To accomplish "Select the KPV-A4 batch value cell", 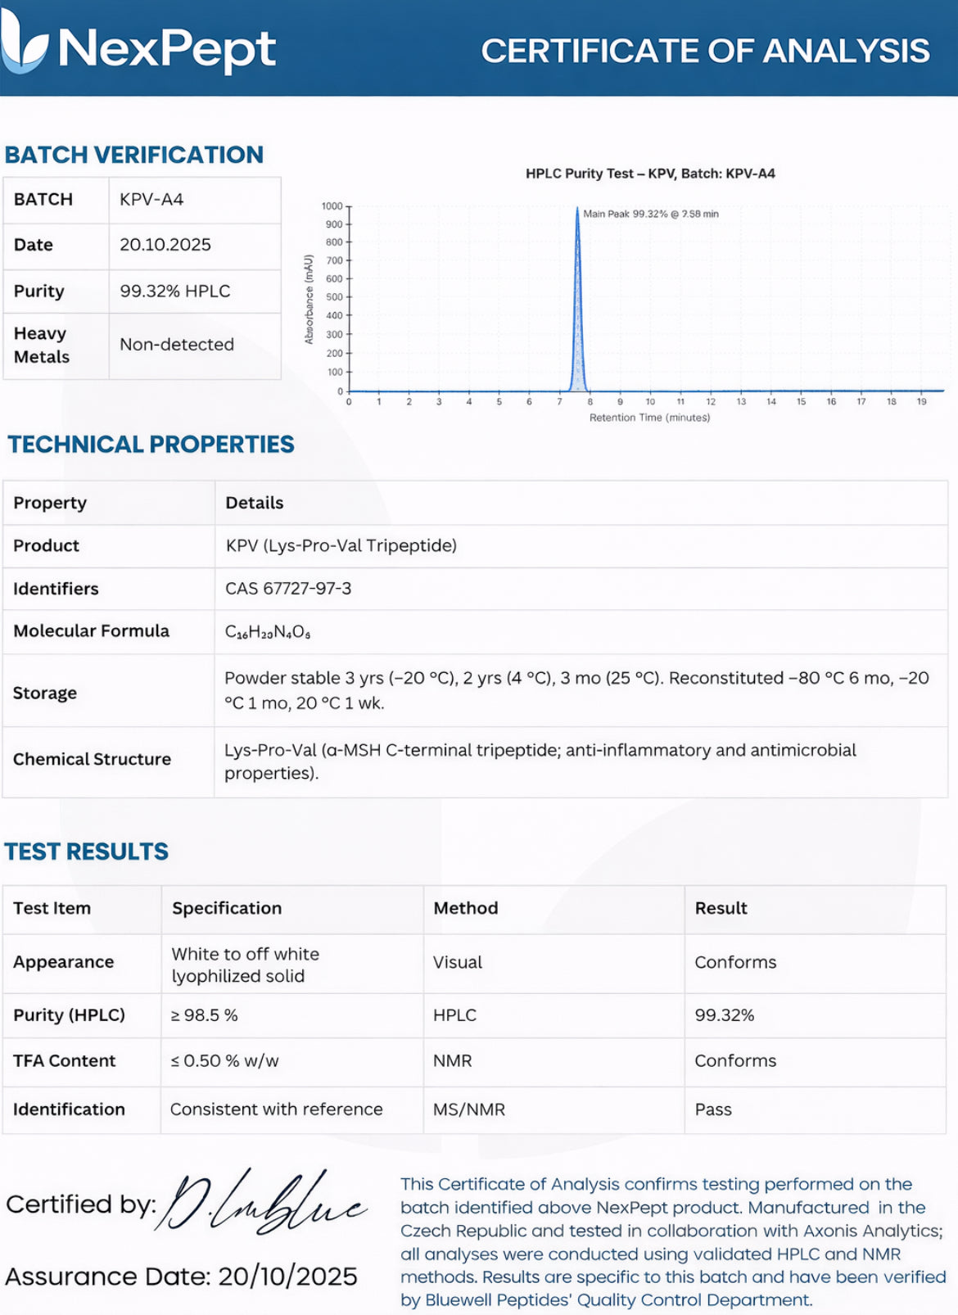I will pyautogui.click(x=151, y=200).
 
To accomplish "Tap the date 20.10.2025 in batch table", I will pyautogui.click(x=165, y=245).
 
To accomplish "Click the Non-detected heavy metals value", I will pyautogui.click(x=177, y=345).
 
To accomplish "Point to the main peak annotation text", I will pyautogui.click(x=650, y=214).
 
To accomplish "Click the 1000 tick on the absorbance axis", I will pyautogui.click(x=332, y=206).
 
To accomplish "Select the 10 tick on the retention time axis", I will pyautogui.click(x=650, y=402).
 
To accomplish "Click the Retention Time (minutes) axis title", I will pyautogui.click(x=649, y=418).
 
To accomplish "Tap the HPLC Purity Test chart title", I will pyautogui.click(x=650, y=174).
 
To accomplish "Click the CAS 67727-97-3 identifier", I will pyautogui.click(x=288, y=589).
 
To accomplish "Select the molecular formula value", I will pyautogui.click(x=268, y=632).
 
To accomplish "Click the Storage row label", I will pyautogui.click(x=45, y=693).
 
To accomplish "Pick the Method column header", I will pyautogui.click(x=465, y=908).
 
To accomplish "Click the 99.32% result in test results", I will pyautogui.click(x=724, y=1015).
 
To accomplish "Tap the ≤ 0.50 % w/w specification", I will pyautogui.click(x=224, y=1061).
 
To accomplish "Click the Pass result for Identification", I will pyautogui.click(x=713, y=1109).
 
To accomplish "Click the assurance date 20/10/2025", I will pyautogui.click(x=287, y=1277).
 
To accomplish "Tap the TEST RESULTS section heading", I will pyautogui.click(x=87, y=852).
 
